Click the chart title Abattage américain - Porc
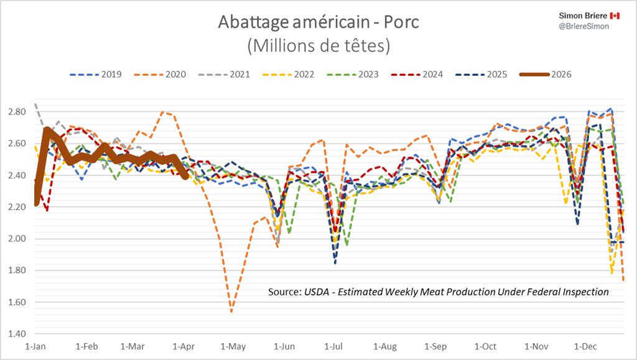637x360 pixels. [318, 22]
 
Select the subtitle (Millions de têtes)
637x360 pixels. [318, 45]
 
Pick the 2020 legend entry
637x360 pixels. [166, 74]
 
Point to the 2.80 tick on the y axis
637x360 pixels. [18, 112]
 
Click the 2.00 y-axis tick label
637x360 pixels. [18, 239]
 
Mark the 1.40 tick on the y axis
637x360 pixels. [18, 334]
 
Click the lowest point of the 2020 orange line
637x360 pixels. [231, 311]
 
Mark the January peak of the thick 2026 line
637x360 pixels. [47, 131]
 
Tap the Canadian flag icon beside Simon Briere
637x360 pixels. [615, 15]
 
